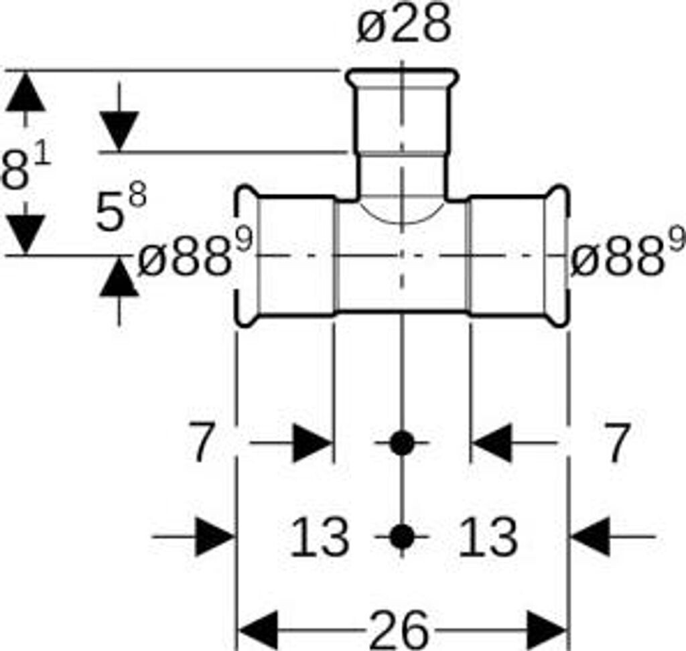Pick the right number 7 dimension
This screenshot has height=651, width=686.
point(612,443)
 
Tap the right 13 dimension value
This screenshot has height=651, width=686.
point(488,537)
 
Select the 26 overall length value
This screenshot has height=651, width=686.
point(399,630)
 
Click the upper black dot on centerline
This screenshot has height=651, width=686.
point(401,443)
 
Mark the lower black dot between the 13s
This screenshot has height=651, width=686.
point(401,536)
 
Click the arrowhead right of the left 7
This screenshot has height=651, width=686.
point(312,443)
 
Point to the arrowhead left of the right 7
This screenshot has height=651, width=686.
point(492,443)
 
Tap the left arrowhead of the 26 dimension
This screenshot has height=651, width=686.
point(258,630)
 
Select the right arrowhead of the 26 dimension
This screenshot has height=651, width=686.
point(547,630)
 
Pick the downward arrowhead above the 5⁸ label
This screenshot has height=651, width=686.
point(119,131)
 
